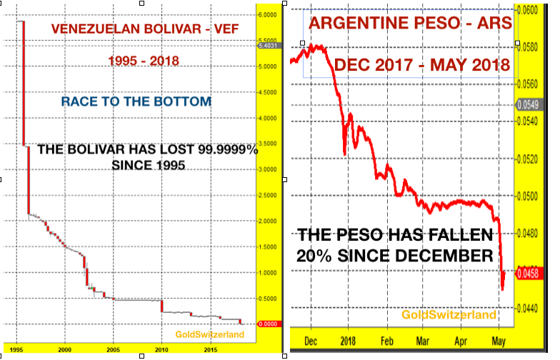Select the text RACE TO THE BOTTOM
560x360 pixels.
136,101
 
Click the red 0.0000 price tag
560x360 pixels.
267,324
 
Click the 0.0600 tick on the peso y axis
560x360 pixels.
529,11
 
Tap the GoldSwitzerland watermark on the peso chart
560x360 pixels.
449,314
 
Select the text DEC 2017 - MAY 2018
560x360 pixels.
421,64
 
